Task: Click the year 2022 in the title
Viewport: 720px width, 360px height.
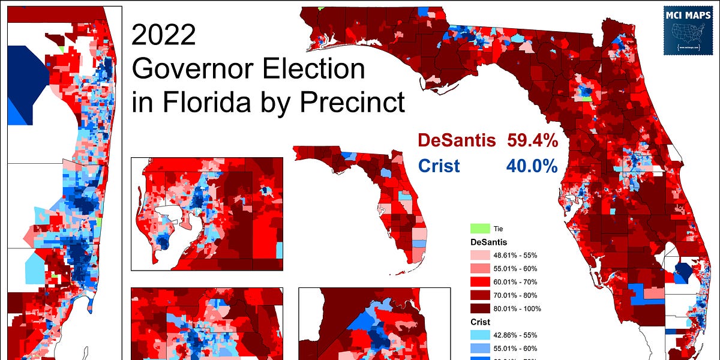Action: point(163,36)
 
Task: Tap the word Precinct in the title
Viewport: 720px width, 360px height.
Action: point(352,103)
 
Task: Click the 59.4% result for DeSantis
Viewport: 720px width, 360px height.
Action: point(533,141)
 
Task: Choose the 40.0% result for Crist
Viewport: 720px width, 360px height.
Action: point(533,166)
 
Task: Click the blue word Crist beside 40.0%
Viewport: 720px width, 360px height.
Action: point(439,166)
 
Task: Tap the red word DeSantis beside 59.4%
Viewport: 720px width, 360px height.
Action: point(457,141)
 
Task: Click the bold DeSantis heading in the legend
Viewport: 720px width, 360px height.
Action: point(488,242)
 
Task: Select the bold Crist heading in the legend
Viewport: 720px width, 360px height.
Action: point(479,322)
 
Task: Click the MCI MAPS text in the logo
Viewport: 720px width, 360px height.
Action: point(689,15)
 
